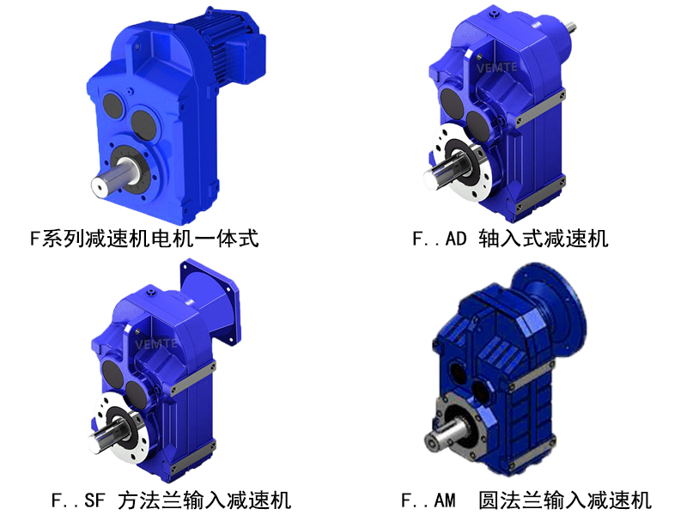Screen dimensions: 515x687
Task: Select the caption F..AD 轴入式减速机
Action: point(510,238)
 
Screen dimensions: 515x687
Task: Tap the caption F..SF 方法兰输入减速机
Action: point(171,499)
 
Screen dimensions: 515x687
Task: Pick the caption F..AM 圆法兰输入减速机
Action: point(526,499)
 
